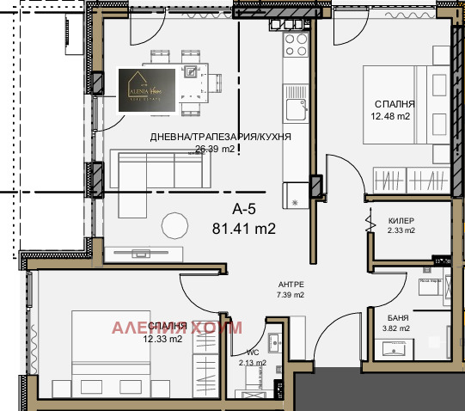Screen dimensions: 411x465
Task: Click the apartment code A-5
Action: tap(245, 209)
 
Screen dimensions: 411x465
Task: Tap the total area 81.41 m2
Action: tap(243, 228)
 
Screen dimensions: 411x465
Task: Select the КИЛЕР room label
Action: tap(401, 220)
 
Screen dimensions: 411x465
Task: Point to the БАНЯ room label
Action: tap(397, 316)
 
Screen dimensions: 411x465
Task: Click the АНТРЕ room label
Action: tap(290, 285)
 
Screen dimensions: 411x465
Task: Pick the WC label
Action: tap(253, 352)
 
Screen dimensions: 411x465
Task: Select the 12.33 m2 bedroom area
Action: tap(162, 339)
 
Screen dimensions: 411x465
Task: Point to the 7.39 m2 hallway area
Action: tap(290, 295)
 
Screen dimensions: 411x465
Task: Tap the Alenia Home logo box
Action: tap(148, 89)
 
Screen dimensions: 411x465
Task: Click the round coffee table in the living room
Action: tap(175, 225)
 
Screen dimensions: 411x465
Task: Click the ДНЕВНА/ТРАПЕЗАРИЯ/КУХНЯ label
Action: tap(220, 137)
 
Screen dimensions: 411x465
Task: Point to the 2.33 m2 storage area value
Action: tap(401, 230)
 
